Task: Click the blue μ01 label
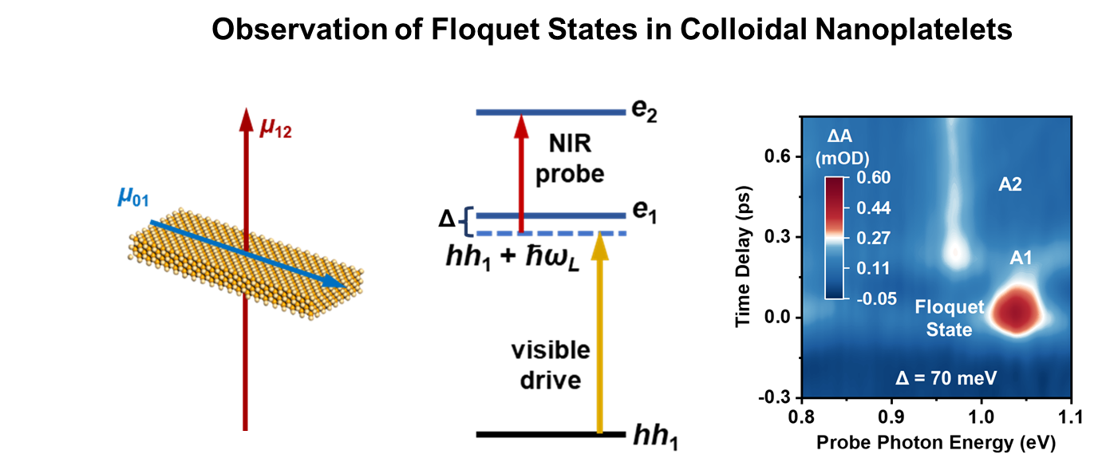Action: (132, 196)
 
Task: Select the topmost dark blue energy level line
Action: (551, 113)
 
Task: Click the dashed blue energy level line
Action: (551, 233)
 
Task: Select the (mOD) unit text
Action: (842, 158)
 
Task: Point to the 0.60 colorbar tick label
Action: (873, 177)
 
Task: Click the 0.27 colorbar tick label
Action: (873, 238)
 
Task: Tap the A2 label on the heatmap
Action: (1009, 185)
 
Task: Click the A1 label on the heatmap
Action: (1021, 258)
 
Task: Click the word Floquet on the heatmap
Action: (949, 307)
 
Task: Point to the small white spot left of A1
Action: (955, 252)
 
